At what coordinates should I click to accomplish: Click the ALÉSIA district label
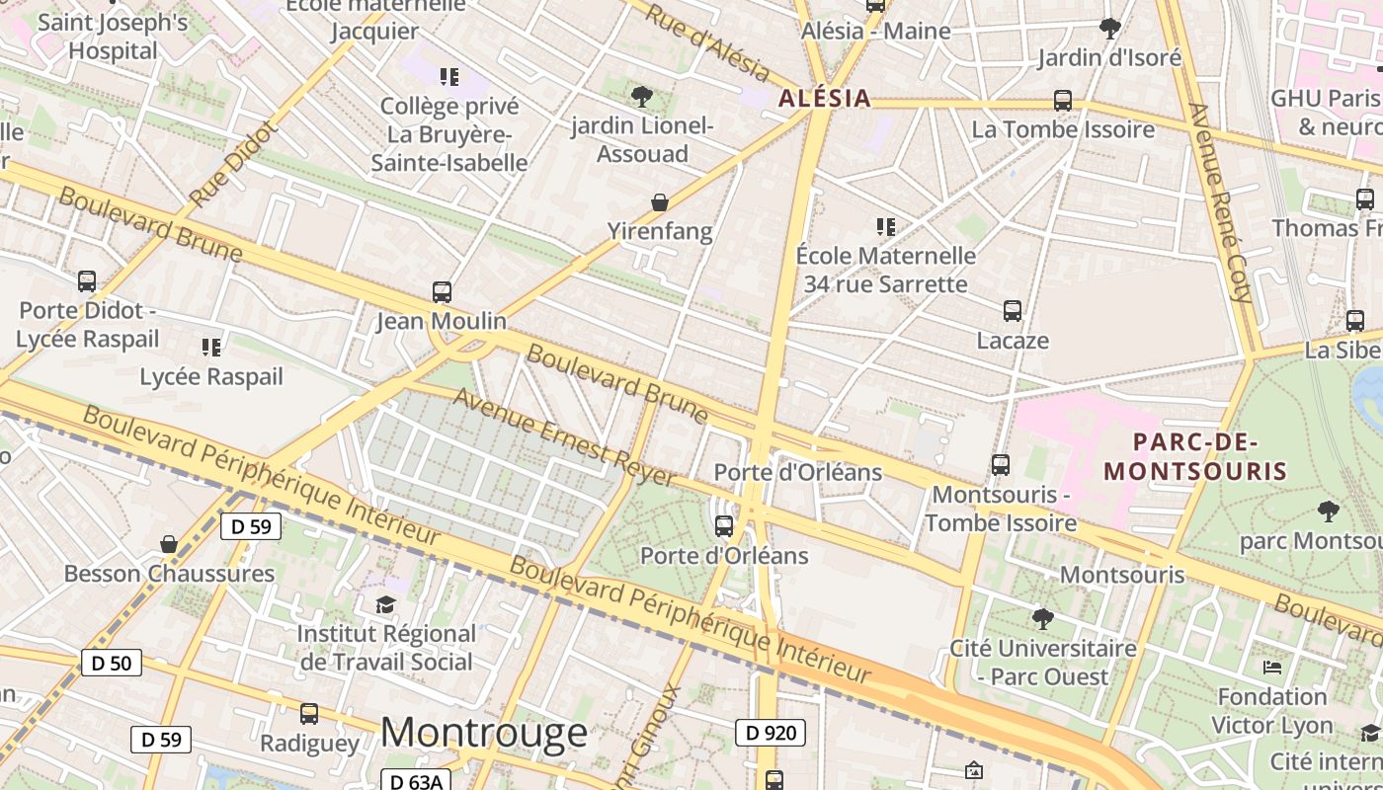click(x=825, y=98)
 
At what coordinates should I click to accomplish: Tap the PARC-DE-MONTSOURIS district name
click(x=1195, y=456)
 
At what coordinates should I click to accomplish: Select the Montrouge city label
click(x=483, y=733)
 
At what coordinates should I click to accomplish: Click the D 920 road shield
click(x=770, y=733)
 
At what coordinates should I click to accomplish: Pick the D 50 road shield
click(x=111, y=663)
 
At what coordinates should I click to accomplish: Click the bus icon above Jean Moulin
click(x=442, y=292)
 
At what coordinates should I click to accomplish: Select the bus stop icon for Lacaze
click(x=1013, y=311)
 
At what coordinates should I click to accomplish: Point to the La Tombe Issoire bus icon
click(x=1063, y=101)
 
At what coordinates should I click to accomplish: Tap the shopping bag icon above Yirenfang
click(x=660, y=202)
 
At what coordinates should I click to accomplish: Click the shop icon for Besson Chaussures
click(x=169, y=544)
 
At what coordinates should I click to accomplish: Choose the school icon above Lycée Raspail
click(x=210, y=347)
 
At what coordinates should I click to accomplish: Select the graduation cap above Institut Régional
click(x=385, y=603)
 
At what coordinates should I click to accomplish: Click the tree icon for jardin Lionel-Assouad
click(x=642, y=96)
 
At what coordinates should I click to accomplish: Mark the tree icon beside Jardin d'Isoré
click(x=1110, y=28)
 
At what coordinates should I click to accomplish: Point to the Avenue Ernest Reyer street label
click(x=565, y=436)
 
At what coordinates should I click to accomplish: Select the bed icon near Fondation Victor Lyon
click(x=1272, y=668)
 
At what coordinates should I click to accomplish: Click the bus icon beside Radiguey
click(x=309, y=713)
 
